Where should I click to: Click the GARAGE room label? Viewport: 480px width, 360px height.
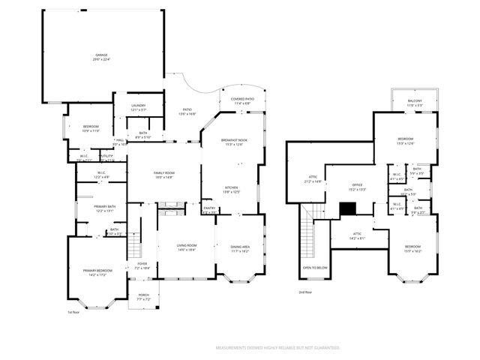pos(102,55)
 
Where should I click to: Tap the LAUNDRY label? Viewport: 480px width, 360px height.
pos(138,106)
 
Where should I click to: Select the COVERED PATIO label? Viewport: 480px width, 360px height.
pos(242,99)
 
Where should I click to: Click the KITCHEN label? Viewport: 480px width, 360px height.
pos(232,187)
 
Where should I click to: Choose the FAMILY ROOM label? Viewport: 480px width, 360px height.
pos(163,173)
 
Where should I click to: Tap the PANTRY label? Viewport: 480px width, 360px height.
pos(209,208)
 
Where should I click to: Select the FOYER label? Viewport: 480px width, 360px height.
pos(142,265)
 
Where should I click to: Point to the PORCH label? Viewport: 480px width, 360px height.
pos(144,295)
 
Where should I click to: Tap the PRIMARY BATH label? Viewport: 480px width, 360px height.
pos(104,207)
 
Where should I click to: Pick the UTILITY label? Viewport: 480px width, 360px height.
pos(106,156)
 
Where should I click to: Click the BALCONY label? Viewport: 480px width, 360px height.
pos(415,101)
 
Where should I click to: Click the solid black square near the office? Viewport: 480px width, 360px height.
pos(347,210)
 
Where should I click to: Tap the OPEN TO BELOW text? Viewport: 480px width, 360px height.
pos(314,267)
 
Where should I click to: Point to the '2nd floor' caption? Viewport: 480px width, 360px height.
pos(304,292)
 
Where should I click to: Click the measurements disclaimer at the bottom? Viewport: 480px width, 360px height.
pos(277,348)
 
